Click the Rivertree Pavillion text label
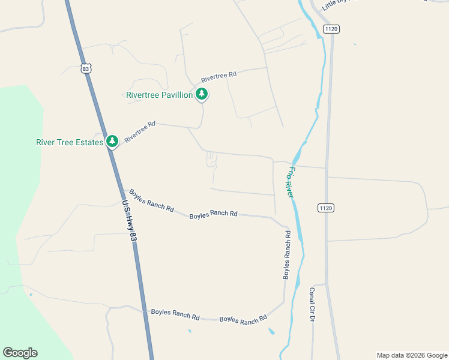tap(160, 95)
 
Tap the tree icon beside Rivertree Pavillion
tap(202, 94)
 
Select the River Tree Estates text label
tap(70, 142)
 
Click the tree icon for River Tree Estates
tap(112, 141)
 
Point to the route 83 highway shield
tap(87, 69)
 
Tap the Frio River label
tap(290, 182)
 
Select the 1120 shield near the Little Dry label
tap(331, 29)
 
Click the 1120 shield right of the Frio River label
tap(325, 208)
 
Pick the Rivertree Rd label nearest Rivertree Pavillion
tap(219, 77)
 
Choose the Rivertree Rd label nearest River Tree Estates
tap(140, 131)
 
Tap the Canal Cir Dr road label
tap(313, 305)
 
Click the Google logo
tap(20, 353)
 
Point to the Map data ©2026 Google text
tap(411, 355)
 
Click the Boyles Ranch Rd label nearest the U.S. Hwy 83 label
tap(151, 202)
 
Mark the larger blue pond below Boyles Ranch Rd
tap(272, 331)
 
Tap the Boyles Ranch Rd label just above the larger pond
tap(243, 320)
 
